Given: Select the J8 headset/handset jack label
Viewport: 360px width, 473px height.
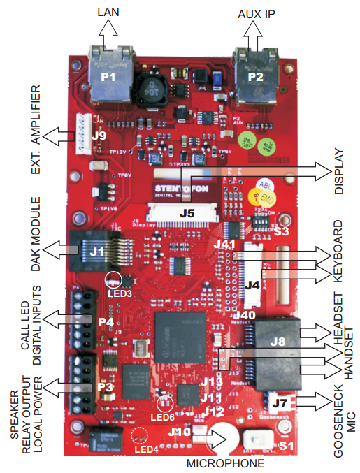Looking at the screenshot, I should pyautogui.click(x=278, y=342).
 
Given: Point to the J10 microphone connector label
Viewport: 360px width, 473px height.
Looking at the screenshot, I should pyautogui.click(x=179, y=432).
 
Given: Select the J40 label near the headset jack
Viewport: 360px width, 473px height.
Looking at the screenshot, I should pyautogui.click(x=243, y=315).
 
